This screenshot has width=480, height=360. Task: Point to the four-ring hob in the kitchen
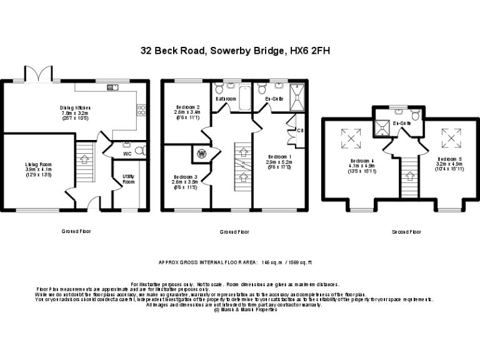141,110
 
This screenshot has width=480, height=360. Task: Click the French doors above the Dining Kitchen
37,74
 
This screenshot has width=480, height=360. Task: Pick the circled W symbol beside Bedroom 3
202,153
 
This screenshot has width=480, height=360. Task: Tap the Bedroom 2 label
187,107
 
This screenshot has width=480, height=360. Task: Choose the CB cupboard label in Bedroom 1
300,131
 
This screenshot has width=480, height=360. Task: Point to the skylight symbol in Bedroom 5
449,135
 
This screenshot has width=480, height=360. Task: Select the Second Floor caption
406,232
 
